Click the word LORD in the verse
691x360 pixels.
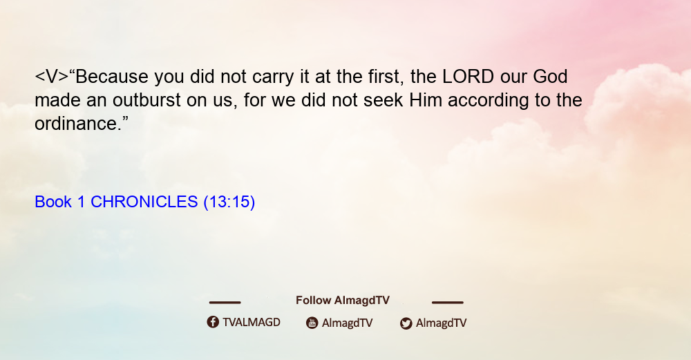(x=468, y=77)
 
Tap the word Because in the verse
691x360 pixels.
(x=112, y=77)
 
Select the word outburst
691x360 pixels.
(x=146, y=100)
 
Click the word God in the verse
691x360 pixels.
(x=551, y=77)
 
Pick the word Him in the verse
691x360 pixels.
(x=426, y=100)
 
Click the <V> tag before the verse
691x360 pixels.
(x=52, y=77)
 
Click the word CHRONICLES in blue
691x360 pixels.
(x=144, y=202)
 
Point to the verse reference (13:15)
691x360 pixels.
(x=229, y=202)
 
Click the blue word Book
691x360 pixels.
(x=53, y=202)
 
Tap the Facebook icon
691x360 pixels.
(x=213, y=322)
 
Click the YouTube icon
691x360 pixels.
(x=312, y=323)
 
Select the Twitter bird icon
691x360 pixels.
(x=406, y=323)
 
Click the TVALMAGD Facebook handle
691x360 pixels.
(x=252, y=322)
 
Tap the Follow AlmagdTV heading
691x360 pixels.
(x=343, y=300)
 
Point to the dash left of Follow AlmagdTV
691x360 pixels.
(x=225, y=302)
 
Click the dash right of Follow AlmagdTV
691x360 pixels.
(x=448, y=302)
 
